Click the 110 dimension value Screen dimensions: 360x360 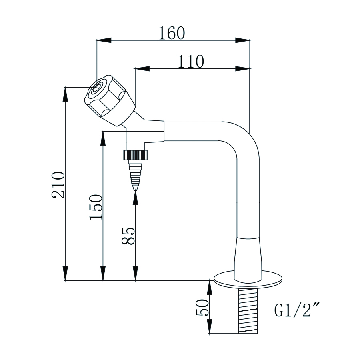pyautogui.click(x=191, y=62)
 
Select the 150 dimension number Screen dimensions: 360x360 pyautogui.click(x=96, y=207)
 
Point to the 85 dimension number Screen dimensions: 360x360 pyautogui.click(x=128, y=236)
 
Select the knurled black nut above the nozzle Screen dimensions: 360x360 pyautogui.click(x=136, y=154)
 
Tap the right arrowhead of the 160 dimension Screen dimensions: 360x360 pyautogui.click(x=244, y=40)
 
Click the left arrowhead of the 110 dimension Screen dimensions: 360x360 pyautogui.click(x=141, y=69)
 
